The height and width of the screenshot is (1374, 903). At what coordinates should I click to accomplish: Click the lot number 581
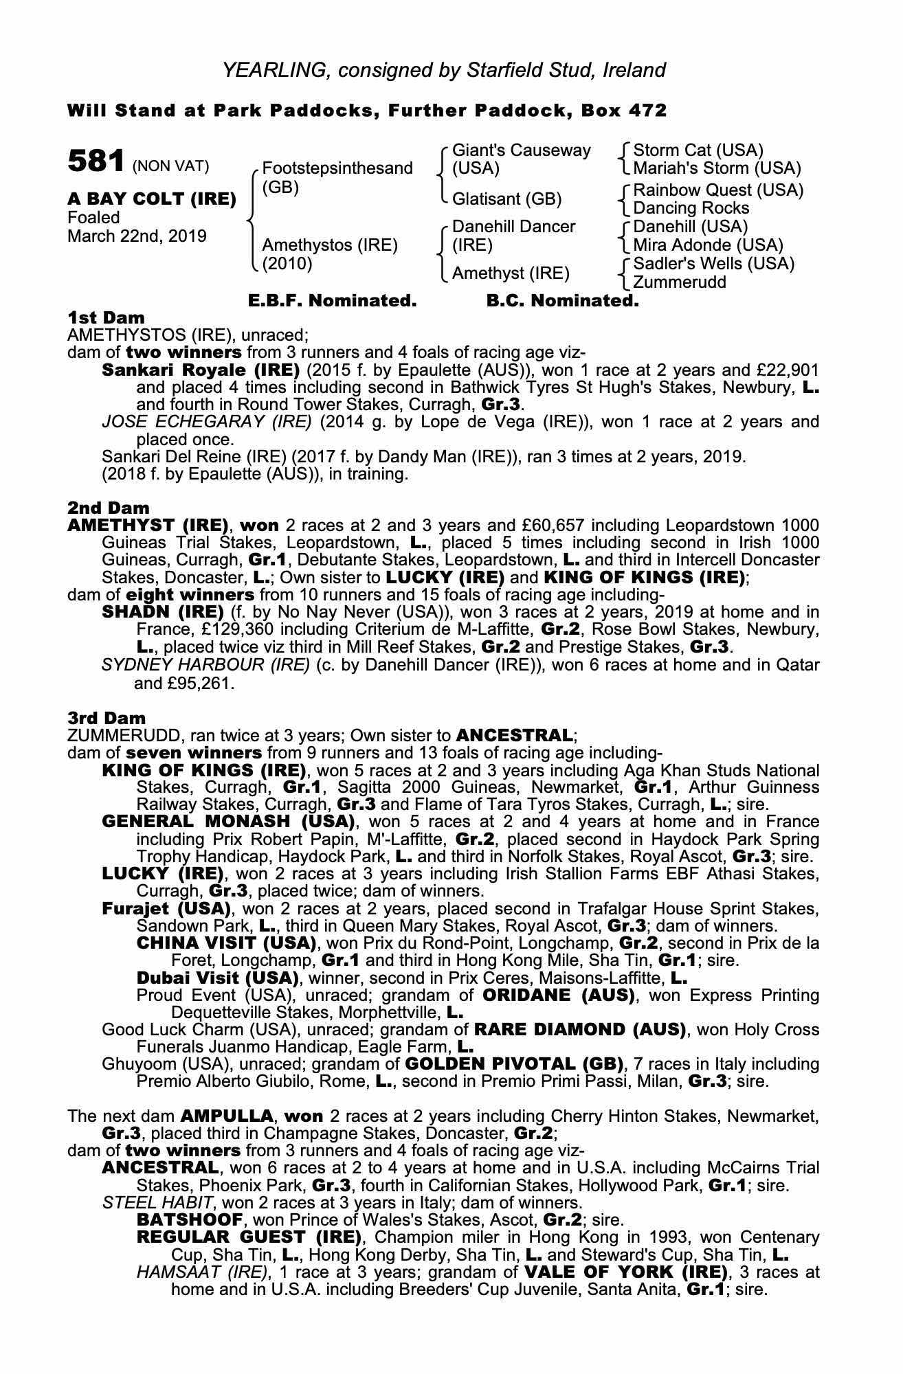click(x=96, y=162)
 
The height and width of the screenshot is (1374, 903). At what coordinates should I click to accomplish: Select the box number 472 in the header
click(x=647, y=111)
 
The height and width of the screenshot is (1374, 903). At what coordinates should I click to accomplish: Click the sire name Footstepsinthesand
click(x=337, y=168)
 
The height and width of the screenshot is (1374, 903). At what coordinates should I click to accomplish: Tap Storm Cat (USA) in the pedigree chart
click(x=698, y=150)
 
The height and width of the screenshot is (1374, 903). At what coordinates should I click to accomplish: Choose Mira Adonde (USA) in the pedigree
click(x=708, y=245)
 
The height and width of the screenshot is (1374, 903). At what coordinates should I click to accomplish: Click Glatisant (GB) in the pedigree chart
click(x=506, y=199)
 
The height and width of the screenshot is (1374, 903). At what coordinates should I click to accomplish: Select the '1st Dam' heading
click(x=107, y=318)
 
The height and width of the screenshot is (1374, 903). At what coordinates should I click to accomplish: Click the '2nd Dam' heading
click(x=109, y=508)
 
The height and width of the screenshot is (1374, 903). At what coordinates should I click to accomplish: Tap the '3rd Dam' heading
click(x=107, y=719)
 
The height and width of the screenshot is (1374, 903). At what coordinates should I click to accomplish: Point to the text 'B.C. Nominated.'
click(x=562, y=301)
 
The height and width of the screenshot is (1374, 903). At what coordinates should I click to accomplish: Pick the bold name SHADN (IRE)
click(x=163, y=612)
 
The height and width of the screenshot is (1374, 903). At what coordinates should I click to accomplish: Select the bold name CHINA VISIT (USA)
click(x=226, y=943)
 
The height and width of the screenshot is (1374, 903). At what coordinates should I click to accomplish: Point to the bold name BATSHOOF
click(x=190, y=1220)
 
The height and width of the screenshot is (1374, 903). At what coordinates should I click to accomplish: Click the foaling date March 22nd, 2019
click(x=137, y=236)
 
